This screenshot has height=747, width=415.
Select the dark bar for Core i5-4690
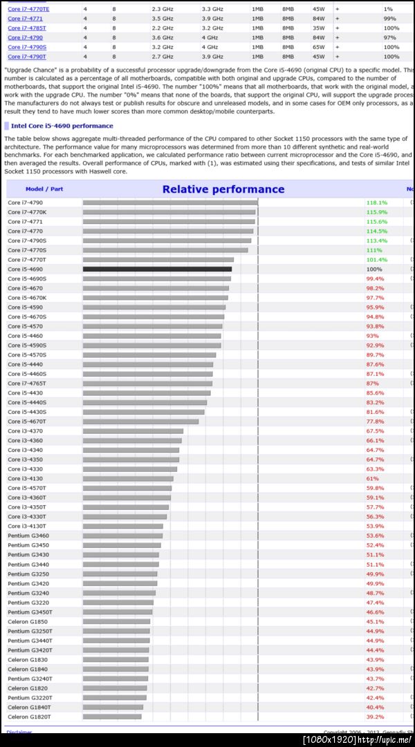click(x=157, y=269)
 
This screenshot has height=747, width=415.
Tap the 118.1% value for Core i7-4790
click(x=376, y=202)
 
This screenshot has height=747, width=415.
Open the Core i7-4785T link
click(x=27, y=28)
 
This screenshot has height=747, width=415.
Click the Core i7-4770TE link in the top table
click(x=28, y=9)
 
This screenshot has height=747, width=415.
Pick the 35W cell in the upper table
click(x=319, y=28)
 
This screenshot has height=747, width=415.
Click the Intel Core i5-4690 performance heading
click(x=62, y=126)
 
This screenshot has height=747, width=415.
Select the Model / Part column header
click(x=44, y=189)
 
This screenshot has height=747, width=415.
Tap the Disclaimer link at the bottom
click(x=19, y=732)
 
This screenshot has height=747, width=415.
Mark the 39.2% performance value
click(x=375, y=717)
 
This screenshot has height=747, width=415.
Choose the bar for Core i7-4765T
click(x=147, y=384)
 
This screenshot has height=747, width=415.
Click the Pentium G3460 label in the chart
click(x=28, y=536)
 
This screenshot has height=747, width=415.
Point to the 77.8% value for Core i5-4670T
click(x=375, y=422)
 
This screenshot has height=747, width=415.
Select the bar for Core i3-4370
click(x=133, y=431)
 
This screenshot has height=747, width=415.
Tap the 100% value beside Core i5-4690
click(x=373, y=269)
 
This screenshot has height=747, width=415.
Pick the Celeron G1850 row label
click(x=28, y=621)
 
